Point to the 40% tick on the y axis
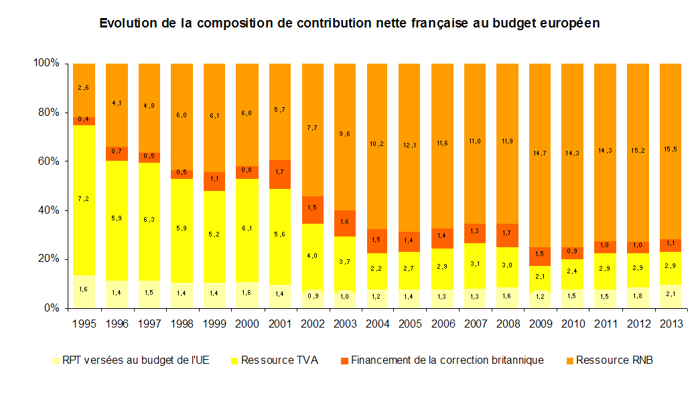click(x=49, y=210)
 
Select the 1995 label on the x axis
click(x=84, y=324)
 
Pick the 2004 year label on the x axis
click(x=378, y=324)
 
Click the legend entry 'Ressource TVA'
click(x=279, y=360)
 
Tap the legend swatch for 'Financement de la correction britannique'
click(x=345, y=360)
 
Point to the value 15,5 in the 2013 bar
click(x=671, y=149)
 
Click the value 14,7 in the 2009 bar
click(x=540, y=153)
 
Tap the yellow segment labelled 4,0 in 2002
click(x=312, y=256)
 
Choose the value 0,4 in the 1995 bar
click(x=84, y=120)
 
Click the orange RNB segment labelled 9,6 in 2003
click(x=345, y=134)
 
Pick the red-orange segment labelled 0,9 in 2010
click(x=573, y=253)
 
